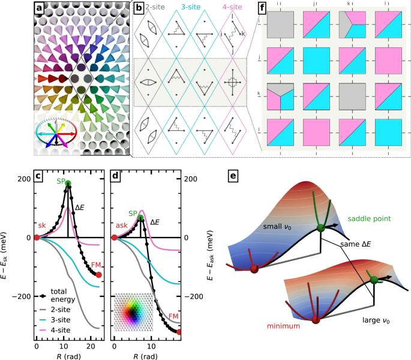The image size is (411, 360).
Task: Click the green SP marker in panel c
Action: point(68,184)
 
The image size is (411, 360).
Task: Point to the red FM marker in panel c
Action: point(99,274)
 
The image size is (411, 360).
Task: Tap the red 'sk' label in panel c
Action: point(42,225)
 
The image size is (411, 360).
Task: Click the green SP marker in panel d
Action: point(140,218)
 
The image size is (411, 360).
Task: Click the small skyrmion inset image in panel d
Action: point(133,313)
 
